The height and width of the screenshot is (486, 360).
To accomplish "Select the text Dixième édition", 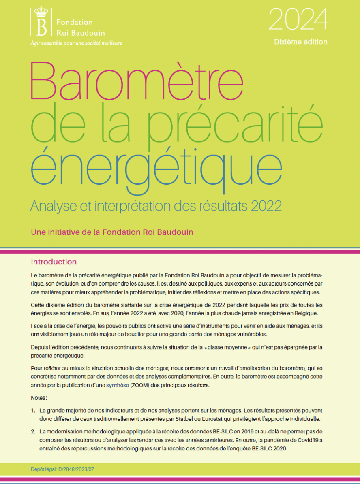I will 300,42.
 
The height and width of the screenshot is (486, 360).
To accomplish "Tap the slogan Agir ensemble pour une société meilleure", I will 76,43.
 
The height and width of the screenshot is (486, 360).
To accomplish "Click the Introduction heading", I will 54,262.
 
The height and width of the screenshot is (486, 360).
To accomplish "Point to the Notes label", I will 39,398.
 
